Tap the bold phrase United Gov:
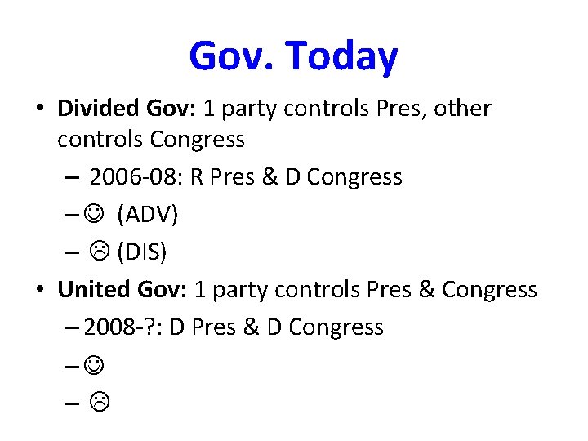pos(117,289)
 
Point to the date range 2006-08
pos(134,177)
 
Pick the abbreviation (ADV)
pos(147,215)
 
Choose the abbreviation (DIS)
pos(142,252)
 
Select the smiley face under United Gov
pos(95,365)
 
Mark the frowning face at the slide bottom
pos(95,403)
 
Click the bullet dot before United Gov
pos(42,290)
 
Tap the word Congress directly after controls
pos(197,140)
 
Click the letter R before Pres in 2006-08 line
pos(196,177)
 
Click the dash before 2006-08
pos(69,178)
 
